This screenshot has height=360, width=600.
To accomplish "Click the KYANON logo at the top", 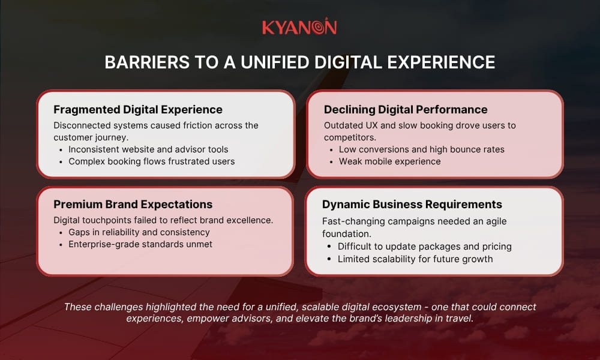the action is click(299, 26).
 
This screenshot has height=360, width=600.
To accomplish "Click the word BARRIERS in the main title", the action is click(147, 62).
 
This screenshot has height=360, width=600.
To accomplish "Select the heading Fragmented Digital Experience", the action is click(138, 109).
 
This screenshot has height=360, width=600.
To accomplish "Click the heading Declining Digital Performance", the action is click(406, 109).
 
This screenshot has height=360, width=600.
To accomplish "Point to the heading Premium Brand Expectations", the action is click(133, 204).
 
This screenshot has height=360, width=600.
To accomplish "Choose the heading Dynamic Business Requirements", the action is click(412, 204).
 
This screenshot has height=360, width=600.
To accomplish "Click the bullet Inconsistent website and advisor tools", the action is click(148, 149).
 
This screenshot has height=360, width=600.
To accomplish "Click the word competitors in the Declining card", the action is click(350, 137).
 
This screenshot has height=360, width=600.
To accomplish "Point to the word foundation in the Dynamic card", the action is click(347, 234).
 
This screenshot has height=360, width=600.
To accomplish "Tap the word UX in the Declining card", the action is click(372, 125).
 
